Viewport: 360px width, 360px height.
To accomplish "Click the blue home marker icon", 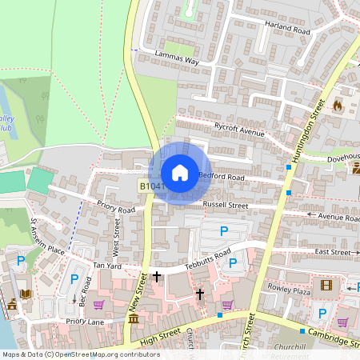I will tap(180, 173).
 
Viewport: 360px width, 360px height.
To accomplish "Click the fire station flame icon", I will tap(338, 105).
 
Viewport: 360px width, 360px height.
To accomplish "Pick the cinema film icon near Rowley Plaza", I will tap(325, 285).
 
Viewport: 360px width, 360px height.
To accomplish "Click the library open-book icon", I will tap(26, 294).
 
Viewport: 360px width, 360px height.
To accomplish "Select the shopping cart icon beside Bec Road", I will tap(98, 304).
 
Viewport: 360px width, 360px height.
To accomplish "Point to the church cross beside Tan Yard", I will tap(157, 276).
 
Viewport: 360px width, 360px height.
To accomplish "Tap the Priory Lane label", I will tap(86, 321).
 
